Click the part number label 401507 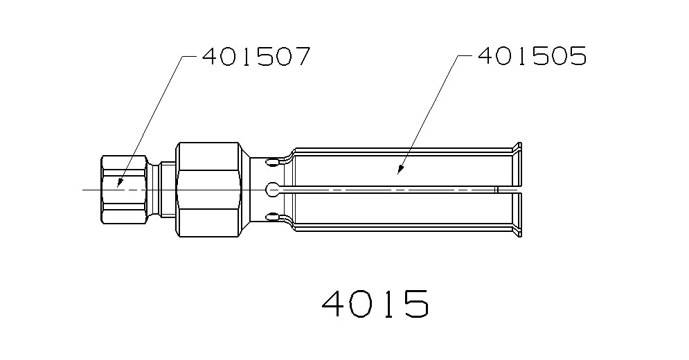click(x=255, y=56)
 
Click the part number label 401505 click(x=531, y=56)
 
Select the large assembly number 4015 click(x=375, y=304)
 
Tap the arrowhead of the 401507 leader click(x=119, y=185)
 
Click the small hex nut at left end click(x=123, y=189)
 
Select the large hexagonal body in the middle click(x=210, y=189)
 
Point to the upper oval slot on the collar click(x=274, y=163)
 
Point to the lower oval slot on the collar click(x=274, y=215)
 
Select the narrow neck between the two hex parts click(x=165, y=189)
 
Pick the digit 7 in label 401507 click(x=299, y=56)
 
